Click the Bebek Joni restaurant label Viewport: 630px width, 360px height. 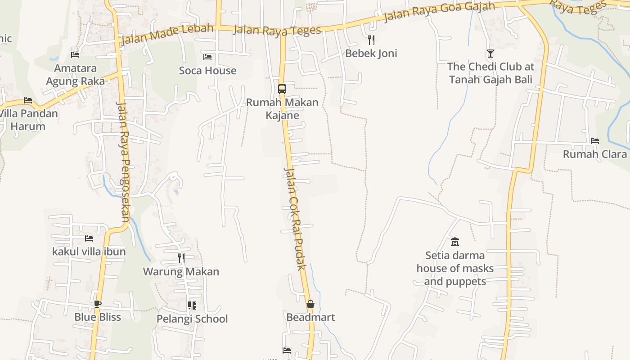pyautogui.click(x=371, y=54)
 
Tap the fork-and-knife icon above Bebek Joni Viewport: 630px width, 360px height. pyautogui.click(x=371, y=40)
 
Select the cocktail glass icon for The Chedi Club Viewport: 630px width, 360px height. pyautogui.click(x=490, y=54)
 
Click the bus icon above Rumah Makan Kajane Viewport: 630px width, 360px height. pyautogui.click(x=282, y=89)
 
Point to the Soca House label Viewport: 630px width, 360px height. pyautogui.click(x=207, y=71)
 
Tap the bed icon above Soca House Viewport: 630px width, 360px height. pyautogui.click(x=207, y=57)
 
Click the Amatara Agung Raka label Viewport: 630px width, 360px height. pyautogui.click(x=75, y=75)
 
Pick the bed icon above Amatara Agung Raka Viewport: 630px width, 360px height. pyautogui.click(x=75, y=54)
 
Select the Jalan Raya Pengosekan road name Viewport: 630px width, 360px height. pyautogui.click(x=123, y=162)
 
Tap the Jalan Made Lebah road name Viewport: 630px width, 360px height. pyautogui.click(x=167, y=34)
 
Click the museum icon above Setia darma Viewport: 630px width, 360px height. pyautogui.click(x=454, y=242)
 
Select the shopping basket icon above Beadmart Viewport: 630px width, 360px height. pyautogui.click(x=310, y=304)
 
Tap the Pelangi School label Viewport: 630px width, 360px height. pyautogui.click(x=192, y=319)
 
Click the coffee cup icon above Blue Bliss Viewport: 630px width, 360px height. pyautogui.click(x=98, y=304)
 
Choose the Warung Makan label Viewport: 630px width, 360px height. pyautogui.click(x=181, y=272)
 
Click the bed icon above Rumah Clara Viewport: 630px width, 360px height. pyautogui.click(x=595, y=140)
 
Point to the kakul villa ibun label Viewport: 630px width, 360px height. pyautogui.click(x=89, y=252)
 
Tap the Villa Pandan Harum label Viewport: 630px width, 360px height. pyautogui.click(x=28, y=120)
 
